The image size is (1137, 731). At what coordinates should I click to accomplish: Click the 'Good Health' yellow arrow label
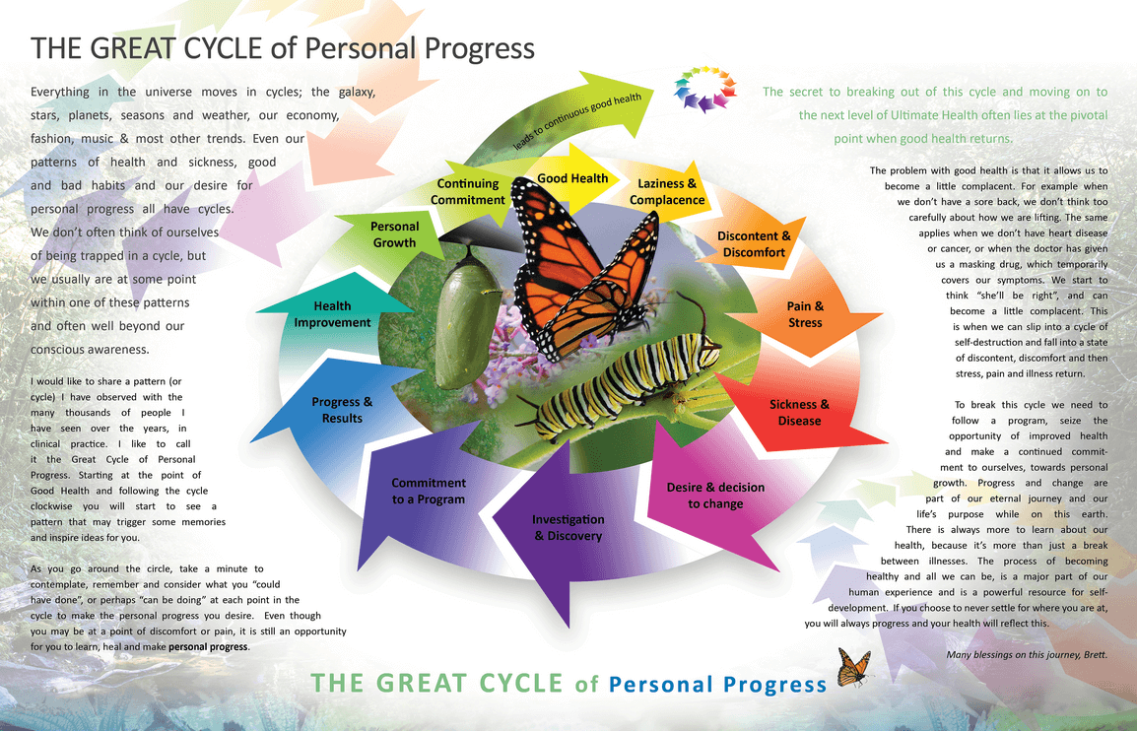(572, 178)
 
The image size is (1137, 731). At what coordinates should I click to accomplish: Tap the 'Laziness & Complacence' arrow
(671, 193)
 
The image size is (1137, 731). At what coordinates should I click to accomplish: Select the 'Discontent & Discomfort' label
(754, 244)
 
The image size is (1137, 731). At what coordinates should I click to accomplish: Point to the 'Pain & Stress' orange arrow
(805, 315)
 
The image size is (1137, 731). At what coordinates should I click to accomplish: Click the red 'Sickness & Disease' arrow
(798, 412)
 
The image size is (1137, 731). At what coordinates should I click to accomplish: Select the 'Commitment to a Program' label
(429, 491)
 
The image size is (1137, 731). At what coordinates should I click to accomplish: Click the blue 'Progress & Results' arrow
(341, 410)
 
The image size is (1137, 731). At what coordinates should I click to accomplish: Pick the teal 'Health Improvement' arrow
(332, 314)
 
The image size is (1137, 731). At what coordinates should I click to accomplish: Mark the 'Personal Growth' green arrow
(394, 234)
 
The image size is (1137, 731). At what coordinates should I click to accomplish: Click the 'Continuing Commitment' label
(468, 192)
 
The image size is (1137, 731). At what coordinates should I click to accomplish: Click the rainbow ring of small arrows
(704, 90)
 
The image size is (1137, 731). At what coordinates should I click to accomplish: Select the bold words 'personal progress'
(208, 646)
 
